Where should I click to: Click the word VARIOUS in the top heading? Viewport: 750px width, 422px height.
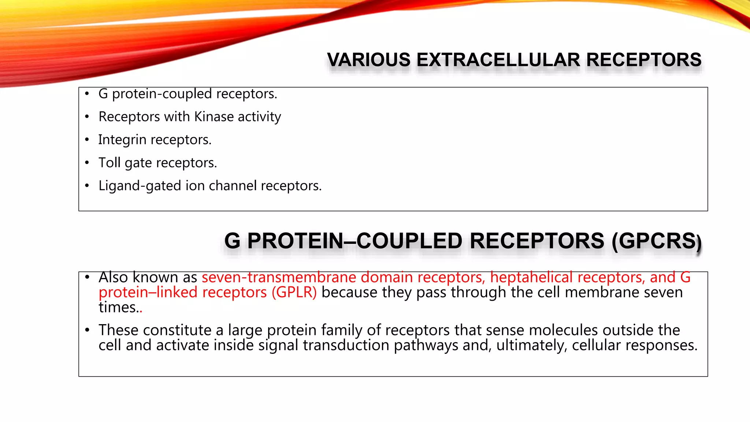click(369, 60)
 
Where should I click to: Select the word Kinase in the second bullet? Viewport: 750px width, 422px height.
click(214, 116)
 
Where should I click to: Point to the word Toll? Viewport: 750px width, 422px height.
click(109, 162)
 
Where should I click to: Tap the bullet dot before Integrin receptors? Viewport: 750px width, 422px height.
click(87, 140)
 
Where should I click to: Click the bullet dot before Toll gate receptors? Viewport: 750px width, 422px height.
click(87, 163)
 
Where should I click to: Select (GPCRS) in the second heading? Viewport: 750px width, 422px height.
click(656, 241)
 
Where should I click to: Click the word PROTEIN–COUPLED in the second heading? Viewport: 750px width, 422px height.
click(355, 241)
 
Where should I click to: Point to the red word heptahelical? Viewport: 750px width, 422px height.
click(531, 277)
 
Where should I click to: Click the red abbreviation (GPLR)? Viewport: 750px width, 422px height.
click(294, 293)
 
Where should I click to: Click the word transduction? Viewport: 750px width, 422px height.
click(346, 345)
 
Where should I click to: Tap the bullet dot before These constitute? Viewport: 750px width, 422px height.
click(87, 330)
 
